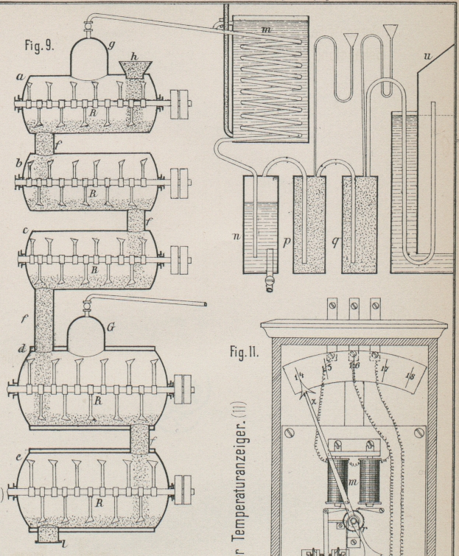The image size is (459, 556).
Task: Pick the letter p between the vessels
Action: (x=287, y=241)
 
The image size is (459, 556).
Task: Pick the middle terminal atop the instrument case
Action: (x=354, y=304)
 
